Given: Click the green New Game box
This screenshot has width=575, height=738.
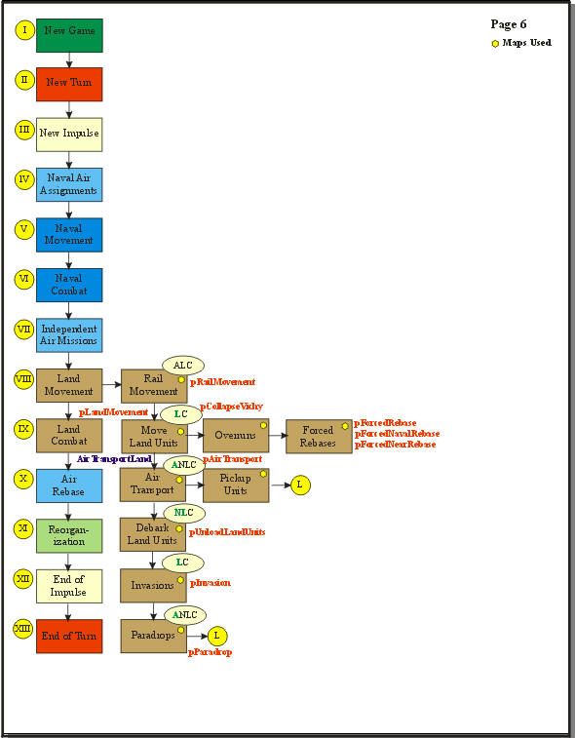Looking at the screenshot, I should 69,35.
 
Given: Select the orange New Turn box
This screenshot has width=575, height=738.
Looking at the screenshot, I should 69,85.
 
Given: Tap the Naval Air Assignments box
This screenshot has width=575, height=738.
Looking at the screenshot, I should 69,184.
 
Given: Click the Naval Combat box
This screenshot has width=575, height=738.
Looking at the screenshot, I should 69,285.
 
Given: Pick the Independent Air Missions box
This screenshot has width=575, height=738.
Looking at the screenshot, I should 69,335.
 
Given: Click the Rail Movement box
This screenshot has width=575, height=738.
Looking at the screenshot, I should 153,386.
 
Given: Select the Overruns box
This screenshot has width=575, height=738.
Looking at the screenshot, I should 235,436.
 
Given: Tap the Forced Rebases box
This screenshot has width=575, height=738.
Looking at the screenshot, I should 318,436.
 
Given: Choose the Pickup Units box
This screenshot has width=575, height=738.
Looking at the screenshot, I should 235,485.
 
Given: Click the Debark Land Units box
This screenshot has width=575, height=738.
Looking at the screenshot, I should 153,534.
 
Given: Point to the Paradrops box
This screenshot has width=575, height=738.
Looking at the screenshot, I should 153,635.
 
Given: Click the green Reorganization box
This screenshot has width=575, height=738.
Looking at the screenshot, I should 69,535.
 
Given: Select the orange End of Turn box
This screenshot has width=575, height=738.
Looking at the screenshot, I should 69,635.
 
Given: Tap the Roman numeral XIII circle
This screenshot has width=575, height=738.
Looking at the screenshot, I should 23,629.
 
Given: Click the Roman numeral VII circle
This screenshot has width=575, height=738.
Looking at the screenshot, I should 23,329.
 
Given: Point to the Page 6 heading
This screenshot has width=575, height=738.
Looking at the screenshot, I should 509,24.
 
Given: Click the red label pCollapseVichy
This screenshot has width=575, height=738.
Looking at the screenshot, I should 231,406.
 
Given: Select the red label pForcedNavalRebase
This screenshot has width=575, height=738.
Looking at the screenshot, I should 396,434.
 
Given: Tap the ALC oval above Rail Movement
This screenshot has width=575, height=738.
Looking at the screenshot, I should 182,365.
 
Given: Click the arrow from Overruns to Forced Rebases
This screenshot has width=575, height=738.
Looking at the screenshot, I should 277,436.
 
